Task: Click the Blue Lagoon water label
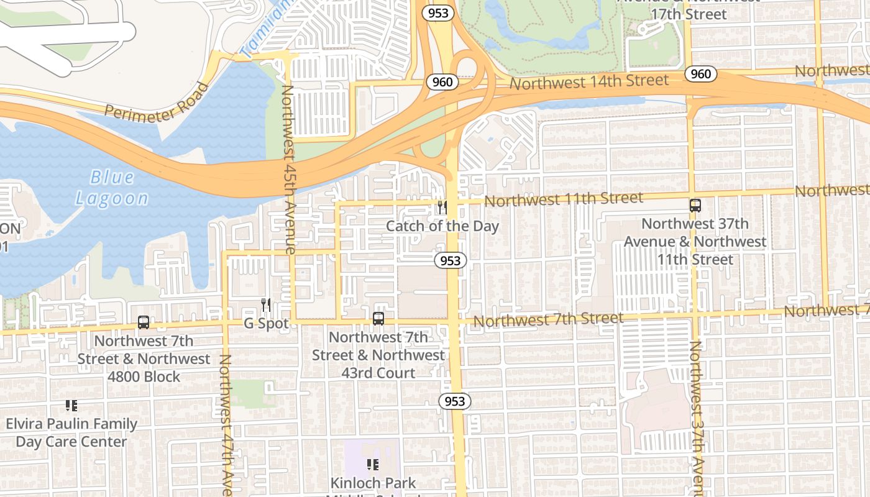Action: click(112, 188)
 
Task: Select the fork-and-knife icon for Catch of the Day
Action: click(442, 207)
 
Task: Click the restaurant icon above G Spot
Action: click(266, 305)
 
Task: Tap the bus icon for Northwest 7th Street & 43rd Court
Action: click(378, 319)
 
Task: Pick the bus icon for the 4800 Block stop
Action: click(144, 322)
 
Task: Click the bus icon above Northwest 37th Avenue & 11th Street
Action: click(695, 206)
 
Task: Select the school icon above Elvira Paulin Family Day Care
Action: click(71, 406)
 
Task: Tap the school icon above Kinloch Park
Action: click(373, 465)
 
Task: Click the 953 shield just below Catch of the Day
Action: click(450, 261)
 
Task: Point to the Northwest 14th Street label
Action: click(588, 81)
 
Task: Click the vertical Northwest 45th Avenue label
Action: click(288, 169)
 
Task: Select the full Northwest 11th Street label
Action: click(563, 199)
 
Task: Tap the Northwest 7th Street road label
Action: click(548, 320)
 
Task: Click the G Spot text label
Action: click(266, 324)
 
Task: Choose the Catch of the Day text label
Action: click(442, 226)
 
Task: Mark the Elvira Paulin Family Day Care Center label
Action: click(71, 433)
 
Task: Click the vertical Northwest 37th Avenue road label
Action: click(698, 416)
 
